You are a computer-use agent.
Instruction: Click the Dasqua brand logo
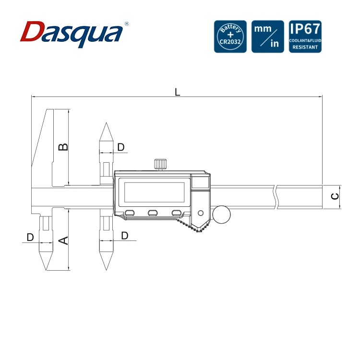72,34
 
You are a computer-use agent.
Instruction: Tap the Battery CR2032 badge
230,36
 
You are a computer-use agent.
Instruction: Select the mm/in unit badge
268,36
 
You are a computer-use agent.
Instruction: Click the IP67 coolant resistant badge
305,36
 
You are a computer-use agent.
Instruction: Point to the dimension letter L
177,92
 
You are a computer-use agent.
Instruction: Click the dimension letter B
63,147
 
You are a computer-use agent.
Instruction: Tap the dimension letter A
63,240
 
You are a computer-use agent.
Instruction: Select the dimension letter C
335,196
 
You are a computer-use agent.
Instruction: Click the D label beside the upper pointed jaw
121,147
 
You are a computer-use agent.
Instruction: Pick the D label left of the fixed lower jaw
30,237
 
